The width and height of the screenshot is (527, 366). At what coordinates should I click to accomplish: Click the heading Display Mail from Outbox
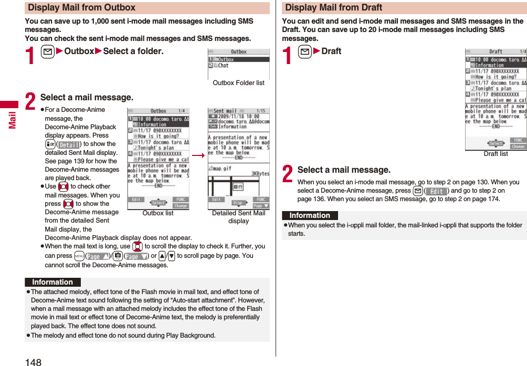(81, 8)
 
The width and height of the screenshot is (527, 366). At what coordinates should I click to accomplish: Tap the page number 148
(33, 361)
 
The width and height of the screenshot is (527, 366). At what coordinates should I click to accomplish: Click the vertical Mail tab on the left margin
(12, 119)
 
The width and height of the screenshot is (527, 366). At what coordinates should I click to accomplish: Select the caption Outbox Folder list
(238, 83)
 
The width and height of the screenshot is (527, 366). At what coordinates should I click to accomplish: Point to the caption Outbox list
(157, 213)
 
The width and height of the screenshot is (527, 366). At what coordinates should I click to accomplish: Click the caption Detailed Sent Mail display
(238, 217)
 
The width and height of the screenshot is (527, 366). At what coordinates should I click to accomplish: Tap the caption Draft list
(496, 154)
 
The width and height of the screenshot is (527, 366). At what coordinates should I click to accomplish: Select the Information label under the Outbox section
(52, 283)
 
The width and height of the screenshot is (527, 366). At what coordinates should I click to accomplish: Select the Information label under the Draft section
(310, 216)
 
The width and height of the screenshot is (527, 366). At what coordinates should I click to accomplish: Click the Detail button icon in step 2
(68, 144)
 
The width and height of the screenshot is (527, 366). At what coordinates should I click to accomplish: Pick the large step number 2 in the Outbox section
(31, 102)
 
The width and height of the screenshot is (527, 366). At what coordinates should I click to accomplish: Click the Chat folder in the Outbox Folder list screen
(224, 66)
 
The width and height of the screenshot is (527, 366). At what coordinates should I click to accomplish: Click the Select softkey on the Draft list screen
(496, 143)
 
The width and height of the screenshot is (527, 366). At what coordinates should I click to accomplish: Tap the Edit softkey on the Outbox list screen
(135, 200)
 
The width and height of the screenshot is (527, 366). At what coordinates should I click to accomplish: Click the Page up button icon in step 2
(98, 256)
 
